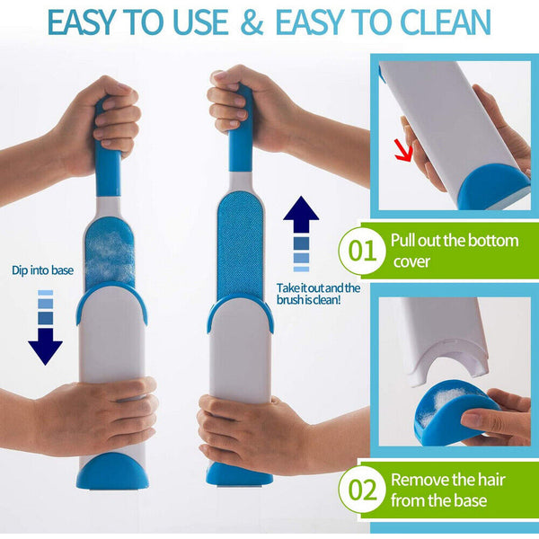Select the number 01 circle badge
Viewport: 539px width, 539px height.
360,251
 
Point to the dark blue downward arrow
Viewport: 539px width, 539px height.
46,345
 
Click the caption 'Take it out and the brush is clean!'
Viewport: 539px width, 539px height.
318,294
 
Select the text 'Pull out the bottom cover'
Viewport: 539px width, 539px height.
454,251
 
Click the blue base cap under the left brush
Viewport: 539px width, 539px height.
113,470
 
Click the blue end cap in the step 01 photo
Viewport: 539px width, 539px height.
492,184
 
